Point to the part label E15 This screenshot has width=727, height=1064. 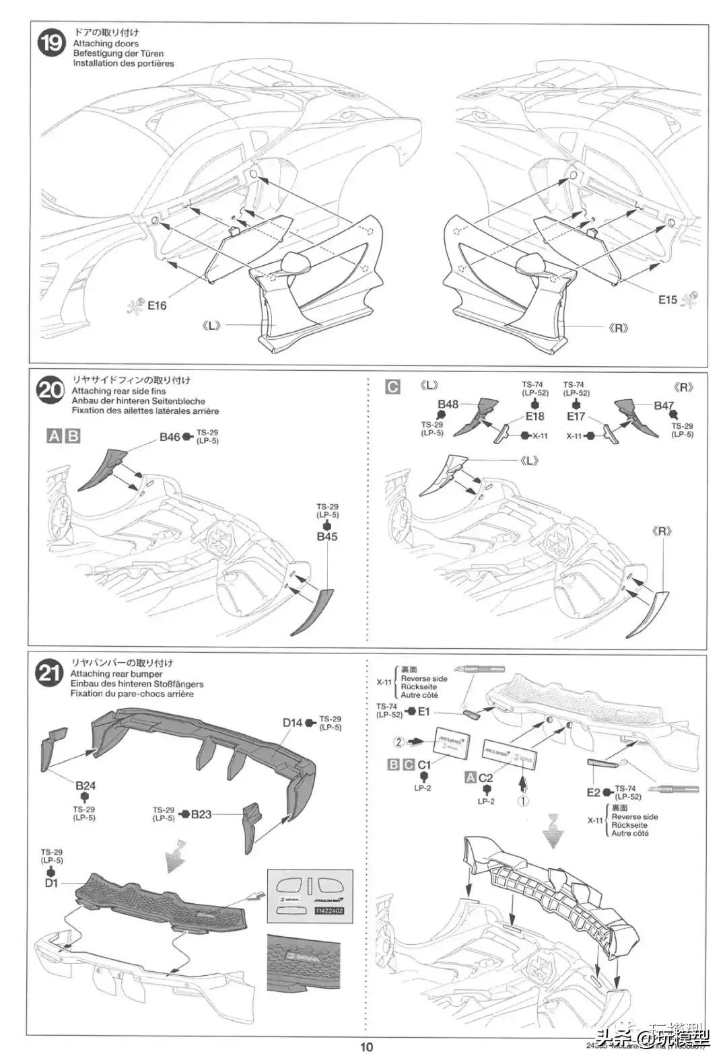[x=668, y=300]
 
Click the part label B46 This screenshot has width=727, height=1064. [x=170, y=437]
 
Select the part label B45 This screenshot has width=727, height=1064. [x=327, y=537]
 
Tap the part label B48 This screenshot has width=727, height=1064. [x=448, y=404]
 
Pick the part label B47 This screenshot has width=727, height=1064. [x=664, y=406]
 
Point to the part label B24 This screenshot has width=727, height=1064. [x=85, y=785]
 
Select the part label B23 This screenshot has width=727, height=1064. [x=201, y=814]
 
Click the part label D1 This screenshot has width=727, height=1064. [x=52, y=883]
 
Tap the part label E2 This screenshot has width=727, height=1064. [x=593, y=793]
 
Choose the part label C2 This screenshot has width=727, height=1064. [x=485, y=778]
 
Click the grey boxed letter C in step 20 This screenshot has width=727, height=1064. [x=392, y=386]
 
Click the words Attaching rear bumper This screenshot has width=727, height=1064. [x=116, y=674]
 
